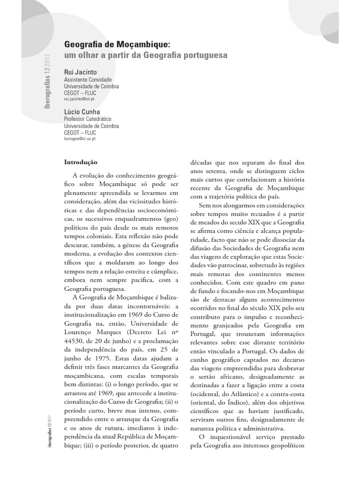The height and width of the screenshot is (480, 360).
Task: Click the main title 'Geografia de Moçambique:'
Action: point(117,45)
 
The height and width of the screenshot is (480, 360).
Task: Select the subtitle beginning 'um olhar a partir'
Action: point(145,55)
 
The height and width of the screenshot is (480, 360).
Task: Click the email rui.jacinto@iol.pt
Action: point(79,99)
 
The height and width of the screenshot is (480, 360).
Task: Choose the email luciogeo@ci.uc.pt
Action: point(80,139)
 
